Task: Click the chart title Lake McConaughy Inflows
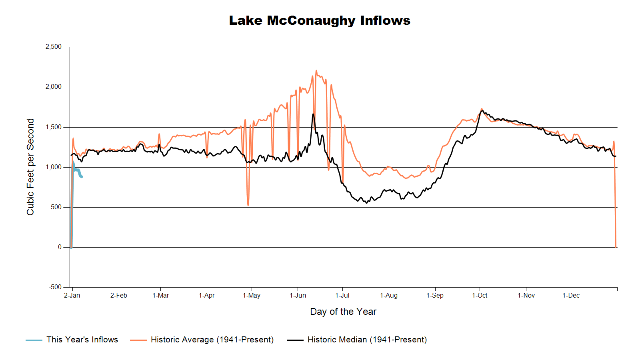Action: (x=320, y=20)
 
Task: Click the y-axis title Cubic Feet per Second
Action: (x=30, y=167)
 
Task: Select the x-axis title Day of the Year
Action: (x=343, y=312)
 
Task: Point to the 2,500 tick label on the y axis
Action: (x=54, y=47)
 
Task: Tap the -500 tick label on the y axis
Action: (x=55, y=287)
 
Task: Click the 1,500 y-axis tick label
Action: (x=54, y=127)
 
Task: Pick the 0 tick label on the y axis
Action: (x=60, y=247)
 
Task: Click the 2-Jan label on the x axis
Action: (x=72, y=296)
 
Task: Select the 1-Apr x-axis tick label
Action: (x=207, y=296)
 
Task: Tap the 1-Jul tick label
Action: (x=342, y=296)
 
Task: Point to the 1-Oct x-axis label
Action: (x=480, y=296)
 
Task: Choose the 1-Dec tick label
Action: (x=571, y=296)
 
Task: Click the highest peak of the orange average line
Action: (x=316, y=71)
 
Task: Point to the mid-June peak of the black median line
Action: (x=313, y=114)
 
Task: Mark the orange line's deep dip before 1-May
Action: (x=248, y=205)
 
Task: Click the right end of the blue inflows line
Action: (x=82, y=176)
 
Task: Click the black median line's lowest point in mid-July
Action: (x=366, y=203)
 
